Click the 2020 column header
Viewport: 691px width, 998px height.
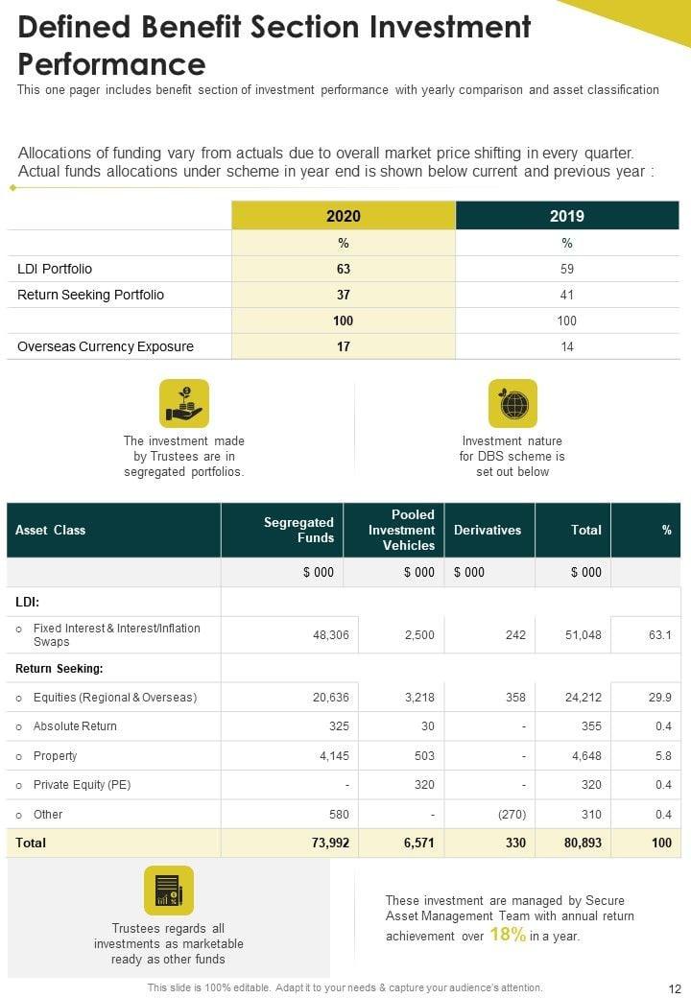343,216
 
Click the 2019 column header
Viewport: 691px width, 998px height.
567,216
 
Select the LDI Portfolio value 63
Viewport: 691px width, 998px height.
343,269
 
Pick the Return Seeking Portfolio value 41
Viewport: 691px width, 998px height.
567,295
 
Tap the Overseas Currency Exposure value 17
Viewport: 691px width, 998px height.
343,346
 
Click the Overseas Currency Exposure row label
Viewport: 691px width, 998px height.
106,346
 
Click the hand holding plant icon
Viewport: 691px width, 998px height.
184,404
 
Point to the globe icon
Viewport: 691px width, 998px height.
512,404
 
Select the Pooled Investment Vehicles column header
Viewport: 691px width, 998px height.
401,530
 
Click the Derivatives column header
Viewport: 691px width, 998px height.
488,530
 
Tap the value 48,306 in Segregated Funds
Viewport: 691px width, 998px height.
331,634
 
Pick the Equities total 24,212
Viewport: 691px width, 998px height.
584,697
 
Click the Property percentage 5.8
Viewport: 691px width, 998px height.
662,755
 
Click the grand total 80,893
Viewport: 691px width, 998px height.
583,843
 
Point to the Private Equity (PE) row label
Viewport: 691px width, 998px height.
82,784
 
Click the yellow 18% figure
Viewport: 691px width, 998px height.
508,935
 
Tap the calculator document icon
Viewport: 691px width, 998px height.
169,891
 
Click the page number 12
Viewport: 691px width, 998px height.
674,987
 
